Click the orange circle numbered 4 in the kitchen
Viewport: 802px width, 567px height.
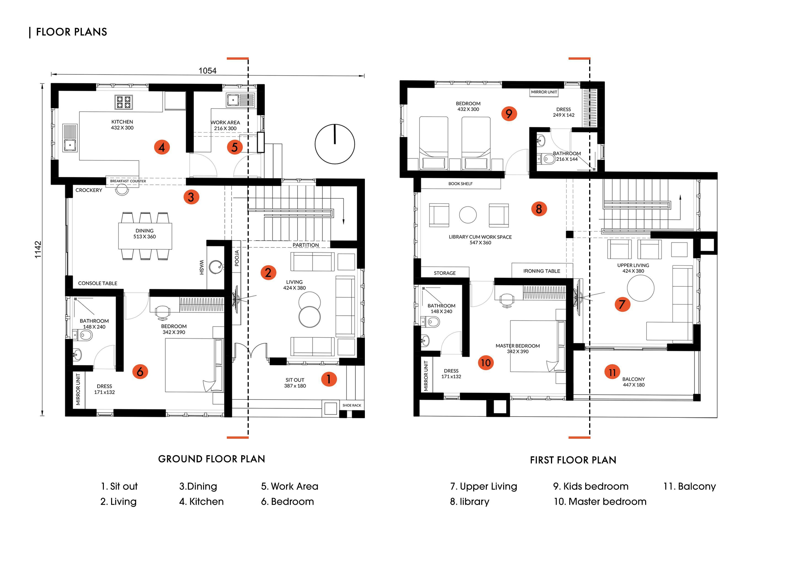162,147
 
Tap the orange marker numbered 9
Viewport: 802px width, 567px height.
509,114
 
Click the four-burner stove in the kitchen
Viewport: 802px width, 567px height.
123,102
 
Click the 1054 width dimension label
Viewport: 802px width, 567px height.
208,71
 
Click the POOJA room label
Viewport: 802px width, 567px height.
237,258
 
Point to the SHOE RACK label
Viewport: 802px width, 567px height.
352,405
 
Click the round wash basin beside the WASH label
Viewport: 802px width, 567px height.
216,267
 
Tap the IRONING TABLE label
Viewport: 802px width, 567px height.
541,271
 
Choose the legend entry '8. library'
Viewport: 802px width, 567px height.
469,502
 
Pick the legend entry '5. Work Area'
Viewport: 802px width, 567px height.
290,486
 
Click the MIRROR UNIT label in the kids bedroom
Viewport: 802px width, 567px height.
544,92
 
